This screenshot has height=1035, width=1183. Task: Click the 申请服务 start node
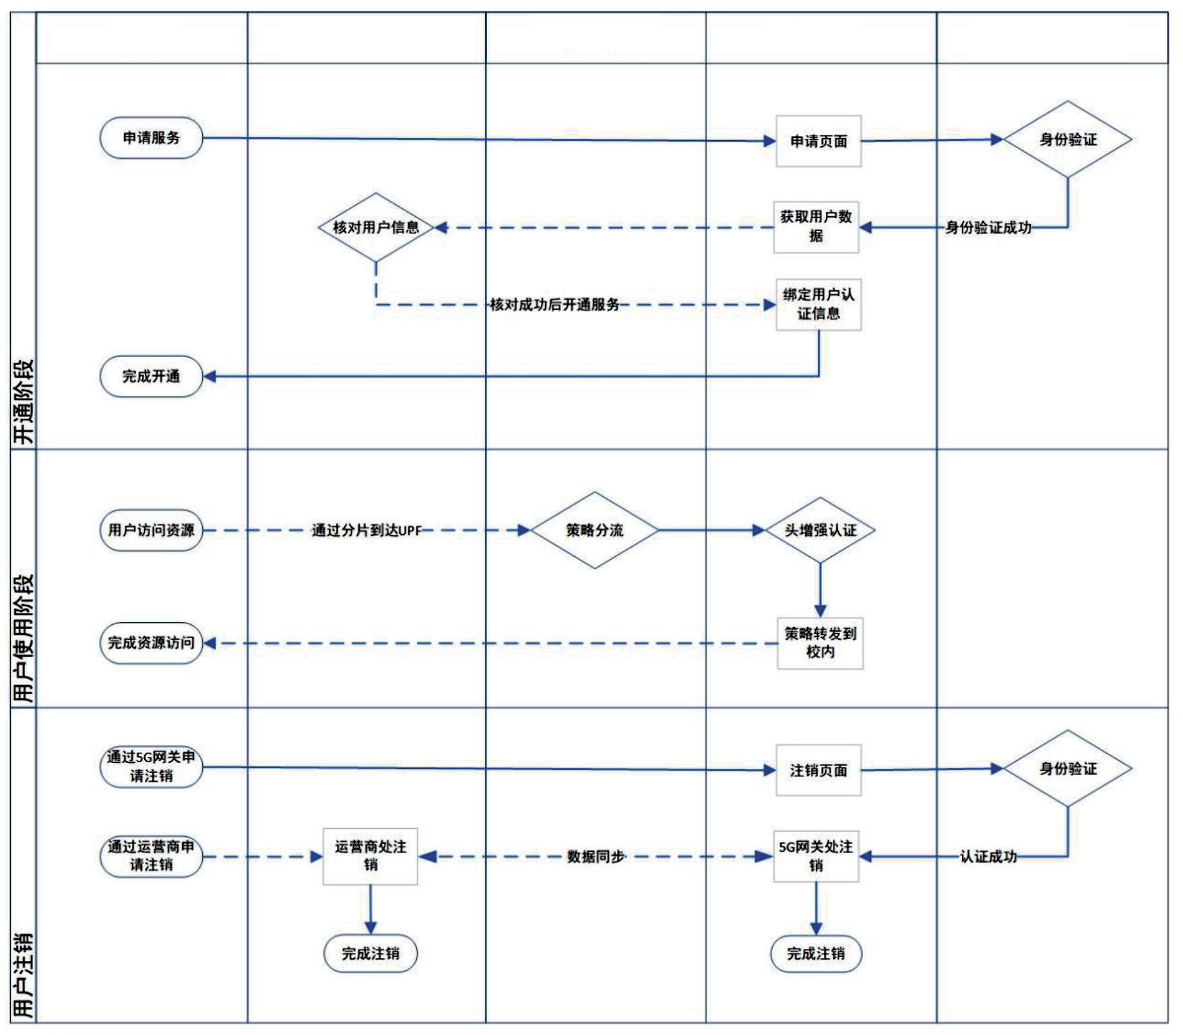(x=151, y=138)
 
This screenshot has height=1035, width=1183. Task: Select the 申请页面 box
(x=818, y=141)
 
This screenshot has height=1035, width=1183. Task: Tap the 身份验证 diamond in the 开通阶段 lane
(x=1067, y=139)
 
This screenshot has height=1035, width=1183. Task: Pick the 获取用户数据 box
(x=816, y=227)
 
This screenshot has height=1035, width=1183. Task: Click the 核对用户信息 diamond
(x=376, y=228)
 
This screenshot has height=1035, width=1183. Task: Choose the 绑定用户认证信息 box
(x=818, y=304)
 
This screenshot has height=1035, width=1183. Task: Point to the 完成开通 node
(x=151, y=376)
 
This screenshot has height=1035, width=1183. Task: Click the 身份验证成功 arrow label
(x=988, y=228)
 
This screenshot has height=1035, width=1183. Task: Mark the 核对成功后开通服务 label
(x=554, y=304)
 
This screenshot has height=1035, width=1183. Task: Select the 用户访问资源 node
(x=151, y=531)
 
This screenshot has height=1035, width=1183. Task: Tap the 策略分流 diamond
(x=594, y=531)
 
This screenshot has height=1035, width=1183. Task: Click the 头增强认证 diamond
(x=820, y=531)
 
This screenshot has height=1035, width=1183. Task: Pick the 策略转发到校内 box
(x=820, y=643)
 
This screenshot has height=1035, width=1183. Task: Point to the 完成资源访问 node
(x=151, y=643)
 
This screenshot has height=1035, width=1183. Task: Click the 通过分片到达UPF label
(x=366, y=531)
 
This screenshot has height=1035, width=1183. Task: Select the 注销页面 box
(x=818, y=770)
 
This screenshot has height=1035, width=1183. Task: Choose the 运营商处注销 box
(x=370, y=856)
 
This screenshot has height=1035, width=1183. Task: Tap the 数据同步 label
(x=596, y=857)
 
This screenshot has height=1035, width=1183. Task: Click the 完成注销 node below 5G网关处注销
(x=816, y=954)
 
